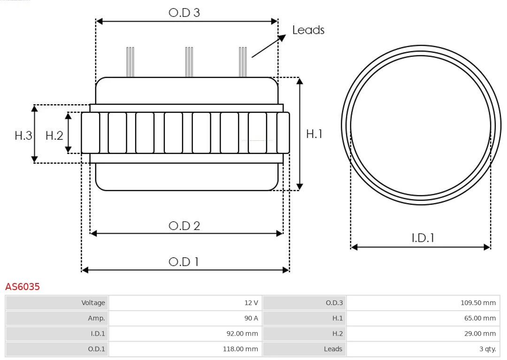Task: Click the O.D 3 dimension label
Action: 184,13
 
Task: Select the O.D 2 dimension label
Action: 184,226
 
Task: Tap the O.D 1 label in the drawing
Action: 184,261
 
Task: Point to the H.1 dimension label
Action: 314,134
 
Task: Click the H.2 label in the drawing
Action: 54,136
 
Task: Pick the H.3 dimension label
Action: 23,136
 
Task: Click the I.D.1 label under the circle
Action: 422,238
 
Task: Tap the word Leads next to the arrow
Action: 308,30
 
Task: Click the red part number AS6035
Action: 23,286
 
